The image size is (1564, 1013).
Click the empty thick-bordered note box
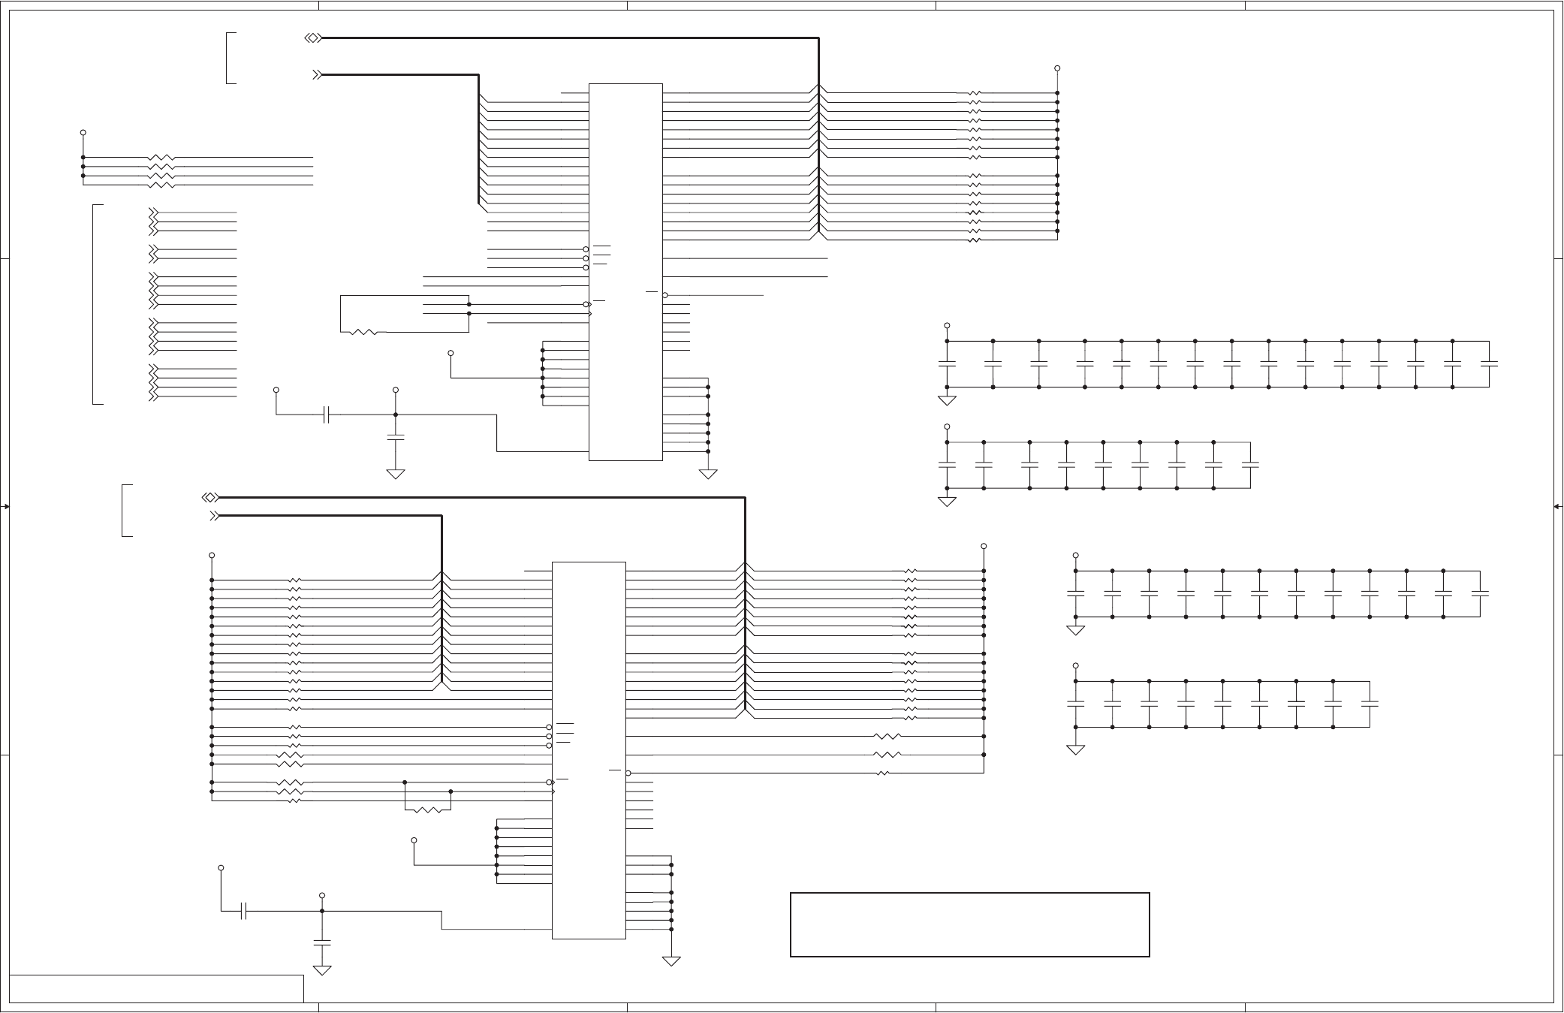[969, 924]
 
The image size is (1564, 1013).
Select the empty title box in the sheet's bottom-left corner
[157, 988]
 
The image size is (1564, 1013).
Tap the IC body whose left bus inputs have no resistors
[625, 271]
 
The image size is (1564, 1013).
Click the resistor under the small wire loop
[428, 810]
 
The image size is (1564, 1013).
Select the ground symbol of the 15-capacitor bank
[947, 399]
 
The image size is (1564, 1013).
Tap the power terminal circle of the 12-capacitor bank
[1075, 556]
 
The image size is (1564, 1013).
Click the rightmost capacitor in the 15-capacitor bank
[1489, 364]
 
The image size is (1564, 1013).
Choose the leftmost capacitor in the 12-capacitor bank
[1075, 593]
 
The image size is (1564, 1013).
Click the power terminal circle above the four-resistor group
[83, 133]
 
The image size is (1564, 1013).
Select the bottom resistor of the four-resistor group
[161, 185]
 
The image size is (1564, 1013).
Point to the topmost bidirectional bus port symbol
[313, 38]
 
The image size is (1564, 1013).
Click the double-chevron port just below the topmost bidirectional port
[317, 75]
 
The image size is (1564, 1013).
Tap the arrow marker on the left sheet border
[5, 507]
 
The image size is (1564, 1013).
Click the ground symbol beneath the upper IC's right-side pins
[708, 474]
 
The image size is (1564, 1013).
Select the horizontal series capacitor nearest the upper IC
[326, 415]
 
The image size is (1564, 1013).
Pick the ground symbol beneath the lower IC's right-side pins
[671, 960]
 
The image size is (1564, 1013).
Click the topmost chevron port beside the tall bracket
[153, 213]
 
